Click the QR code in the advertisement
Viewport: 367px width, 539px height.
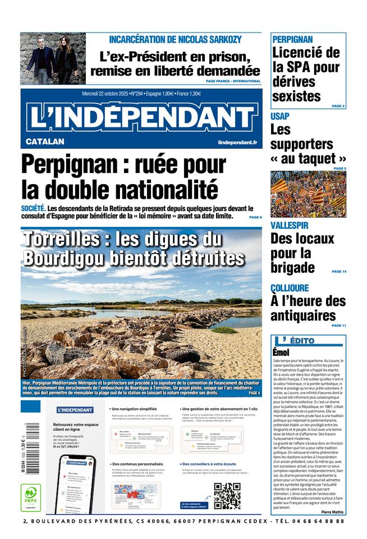pos(227,495)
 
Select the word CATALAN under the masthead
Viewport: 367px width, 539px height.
pos(45,142)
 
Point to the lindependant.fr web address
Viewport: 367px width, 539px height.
pos(237,143)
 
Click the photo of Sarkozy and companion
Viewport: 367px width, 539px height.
pos(53,58)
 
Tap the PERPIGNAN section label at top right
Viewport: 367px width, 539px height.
pos(292,39)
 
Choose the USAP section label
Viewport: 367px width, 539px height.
pos(280,116)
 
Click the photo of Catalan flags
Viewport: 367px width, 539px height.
pos(308,194)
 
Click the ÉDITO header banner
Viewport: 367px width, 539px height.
pos(308,340)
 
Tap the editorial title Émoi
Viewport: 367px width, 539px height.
pos(281,352)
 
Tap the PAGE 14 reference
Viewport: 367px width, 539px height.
pos(338,271)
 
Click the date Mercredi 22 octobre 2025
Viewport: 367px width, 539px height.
pos(105,93)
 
